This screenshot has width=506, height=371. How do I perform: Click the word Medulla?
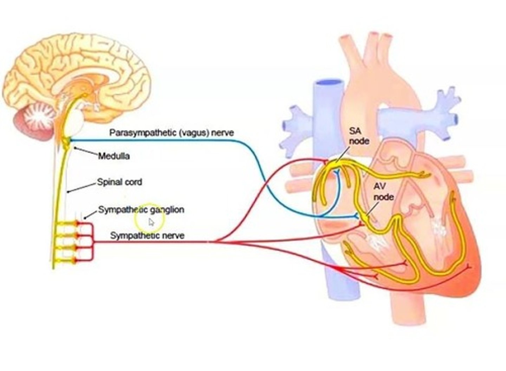tap(113, 156)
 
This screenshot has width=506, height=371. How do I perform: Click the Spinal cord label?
tap(119, 182)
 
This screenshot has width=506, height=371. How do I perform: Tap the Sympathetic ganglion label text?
tap(141, 210)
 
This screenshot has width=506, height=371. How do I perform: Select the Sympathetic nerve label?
tap(147, 235)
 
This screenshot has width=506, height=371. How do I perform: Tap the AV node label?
tap(383, 192)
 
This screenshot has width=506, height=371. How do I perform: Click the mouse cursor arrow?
tap(151, 222)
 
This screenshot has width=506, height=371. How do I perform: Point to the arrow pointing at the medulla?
tap(86, 152)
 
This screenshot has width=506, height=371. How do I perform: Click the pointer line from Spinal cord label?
tap(82, 187)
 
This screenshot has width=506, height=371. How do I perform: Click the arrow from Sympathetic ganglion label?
tap(91, 214)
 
